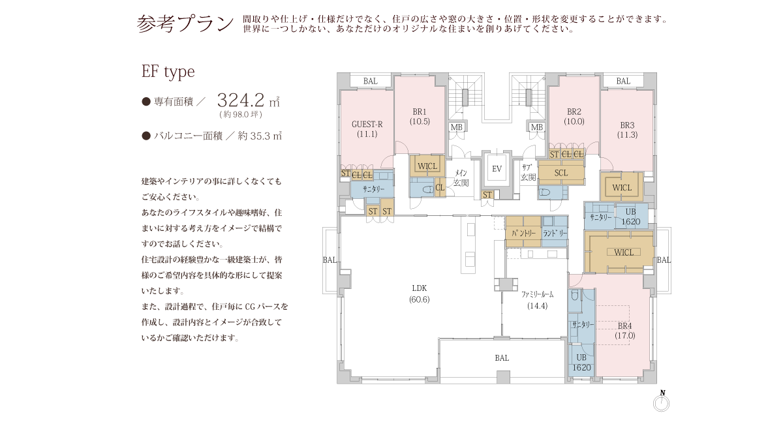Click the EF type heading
tap(168, 72)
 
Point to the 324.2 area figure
tap(241, 100)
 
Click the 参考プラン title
tap(185, 23)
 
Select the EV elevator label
tap(497, 169)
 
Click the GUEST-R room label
tap(367, 124)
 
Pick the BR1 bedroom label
tap(420, 112)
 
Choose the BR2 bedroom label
tap(574, 112)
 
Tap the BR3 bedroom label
tap(627, 125)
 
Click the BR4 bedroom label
tap(624, 326)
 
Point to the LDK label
tap(419, 288)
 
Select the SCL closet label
tap(561, 173)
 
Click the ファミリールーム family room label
tap(537, 295)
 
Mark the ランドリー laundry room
tap(555, 232)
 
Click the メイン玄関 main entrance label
tap(461, 178)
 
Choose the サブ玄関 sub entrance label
tap(528, 172)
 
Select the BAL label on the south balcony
tap(502, 358)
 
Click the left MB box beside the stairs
tap(457, 127)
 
